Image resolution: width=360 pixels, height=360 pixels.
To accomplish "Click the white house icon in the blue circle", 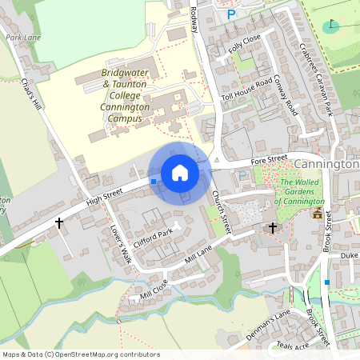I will [x=180, y=173].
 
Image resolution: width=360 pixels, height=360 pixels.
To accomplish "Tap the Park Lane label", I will [x=22, y=38].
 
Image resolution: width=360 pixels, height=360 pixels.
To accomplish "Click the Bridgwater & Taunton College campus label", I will [x=126, y=95].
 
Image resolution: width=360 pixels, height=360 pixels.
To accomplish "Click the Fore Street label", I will [x=268, y=161].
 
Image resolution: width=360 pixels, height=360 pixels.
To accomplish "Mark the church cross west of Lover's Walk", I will [x=59, y=223].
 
